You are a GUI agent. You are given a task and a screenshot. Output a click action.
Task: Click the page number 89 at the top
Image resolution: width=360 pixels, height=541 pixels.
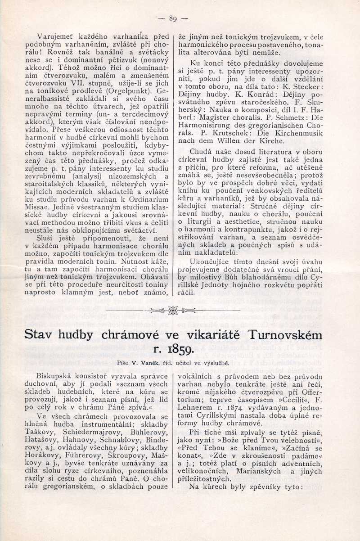[x=173, y=18]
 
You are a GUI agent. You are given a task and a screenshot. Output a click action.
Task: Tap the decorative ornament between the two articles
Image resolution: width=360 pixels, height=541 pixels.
[x=173, y=311]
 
